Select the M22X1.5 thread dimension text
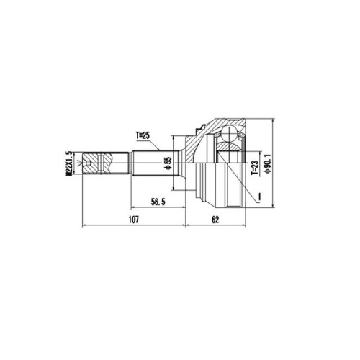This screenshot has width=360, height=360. click(69, 163)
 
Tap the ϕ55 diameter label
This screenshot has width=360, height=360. click(168, 163)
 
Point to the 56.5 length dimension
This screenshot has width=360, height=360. click(158, 202)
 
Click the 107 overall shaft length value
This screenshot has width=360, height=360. click(134, 220)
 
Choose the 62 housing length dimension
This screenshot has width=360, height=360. click(215, 220)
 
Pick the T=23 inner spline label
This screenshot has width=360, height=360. click(254, 167)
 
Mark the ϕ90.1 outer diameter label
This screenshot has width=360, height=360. click(267, 163)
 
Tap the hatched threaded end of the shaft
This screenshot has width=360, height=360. click(96, 163)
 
